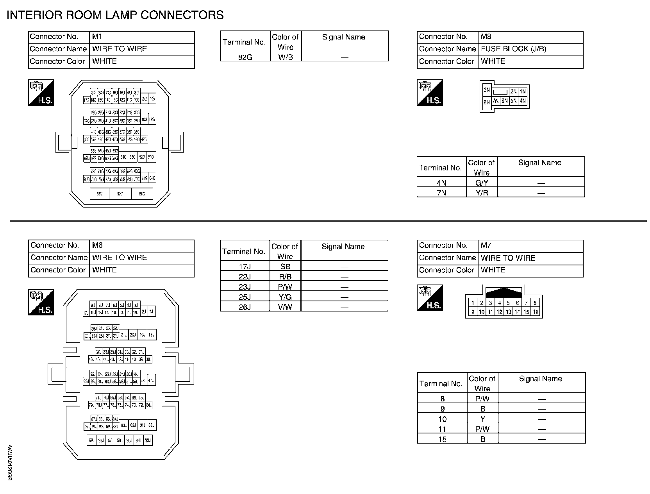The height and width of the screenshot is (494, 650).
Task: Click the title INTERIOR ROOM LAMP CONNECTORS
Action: [x=115, y=15]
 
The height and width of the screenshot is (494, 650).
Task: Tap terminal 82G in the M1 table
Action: [x=245, y=57]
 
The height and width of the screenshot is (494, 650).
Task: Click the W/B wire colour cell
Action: [x=286, y=57]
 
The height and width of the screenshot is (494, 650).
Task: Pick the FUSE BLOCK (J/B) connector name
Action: [x=513, y=49]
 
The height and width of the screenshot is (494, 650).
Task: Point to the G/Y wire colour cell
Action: [x=482, y=183]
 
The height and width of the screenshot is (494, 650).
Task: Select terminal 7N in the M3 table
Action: [x=441, y=193]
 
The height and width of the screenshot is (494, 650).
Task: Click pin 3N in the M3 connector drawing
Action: [x=486, y=90]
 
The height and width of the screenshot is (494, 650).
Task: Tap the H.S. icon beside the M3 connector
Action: [x=430, y=93]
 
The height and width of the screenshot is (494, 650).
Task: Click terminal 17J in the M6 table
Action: [x=245, y=267]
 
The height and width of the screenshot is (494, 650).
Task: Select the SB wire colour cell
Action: [x=285, y=267]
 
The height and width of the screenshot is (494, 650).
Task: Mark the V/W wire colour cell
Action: [x=285, y=307]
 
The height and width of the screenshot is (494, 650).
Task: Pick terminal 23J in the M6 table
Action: [x=245, y=287]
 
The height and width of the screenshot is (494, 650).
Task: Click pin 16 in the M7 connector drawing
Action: [x=535, y=312]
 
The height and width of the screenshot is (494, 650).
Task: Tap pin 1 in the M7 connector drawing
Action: [x=473, y=303]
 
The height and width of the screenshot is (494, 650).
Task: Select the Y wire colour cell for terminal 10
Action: [x=483, y=419]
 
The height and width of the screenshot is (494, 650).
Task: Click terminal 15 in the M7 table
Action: [x=442, y=439]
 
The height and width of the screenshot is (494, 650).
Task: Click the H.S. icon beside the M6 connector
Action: [x=41, y=302]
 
